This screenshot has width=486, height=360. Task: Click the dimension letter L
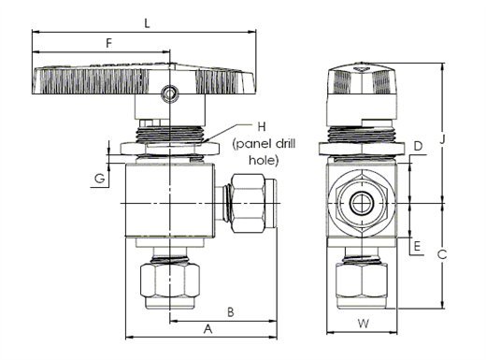pos(147,23)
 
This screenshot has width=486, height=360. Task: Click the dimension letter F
pos(108,43)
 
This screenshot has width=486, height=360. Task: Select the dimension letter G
pos(100,179)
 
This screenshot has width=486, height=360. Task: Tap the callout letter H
pos(262,126)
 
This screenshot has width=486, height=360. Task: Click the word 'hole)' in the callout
pos(264,160)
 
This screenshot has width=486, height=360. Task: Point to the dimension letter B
pos(231,312)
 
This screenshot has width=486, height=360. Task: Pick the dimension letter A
pos(207,329)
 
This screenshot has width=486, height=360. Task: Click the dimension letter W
pos(364,324)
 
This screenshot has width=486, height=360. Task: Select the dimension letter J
pos(442,139)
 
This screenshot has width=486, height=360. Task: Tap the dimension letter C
pos(442,254)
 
